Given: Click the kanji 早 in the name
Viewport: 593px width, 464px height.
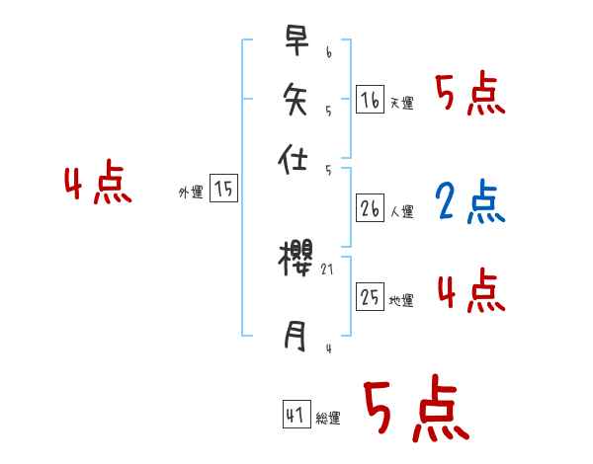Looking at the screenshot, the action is (x=296, y=40).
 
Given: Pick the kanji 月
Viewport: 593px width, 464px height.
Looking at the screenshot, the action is (x=296, y=338).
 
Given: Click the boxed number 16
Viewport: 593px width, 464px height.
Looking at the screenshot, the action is (x=370, y=99).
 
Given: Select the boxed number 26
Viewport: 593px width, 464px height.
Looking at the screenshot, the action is (x=370, y=208).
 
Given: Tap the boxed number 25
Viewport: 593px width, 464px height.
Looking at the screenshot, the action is (x=370, y=297).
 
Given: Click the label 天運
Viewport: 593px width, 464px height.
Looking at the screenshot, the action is (x=401, y=103).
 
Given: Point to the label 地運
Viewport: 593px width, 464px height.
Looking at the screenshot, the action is (x=401, y=301).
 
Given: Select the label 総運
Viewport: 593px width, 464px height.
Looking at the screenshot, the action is (x=328, y=419).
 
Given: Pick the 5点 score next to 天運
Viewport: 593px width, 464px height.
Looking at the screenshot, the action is (x=469, y=96).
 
